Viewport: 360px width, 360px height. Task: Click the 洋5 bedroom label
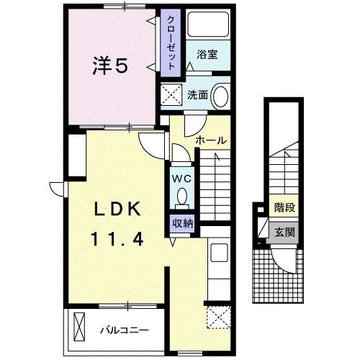pos(109,66)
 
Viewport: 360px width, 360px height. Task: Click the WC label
pos(181,177)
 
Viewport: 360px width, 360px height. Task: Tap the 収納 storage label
pos(182,223)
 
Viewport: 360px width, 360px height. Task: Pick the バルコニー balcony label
pos(124,330)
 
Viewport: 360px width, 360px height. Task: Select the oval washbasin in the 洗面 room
pos(221,95)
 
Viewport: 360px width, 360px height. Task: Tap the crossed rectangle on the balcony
pos(78,327)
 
